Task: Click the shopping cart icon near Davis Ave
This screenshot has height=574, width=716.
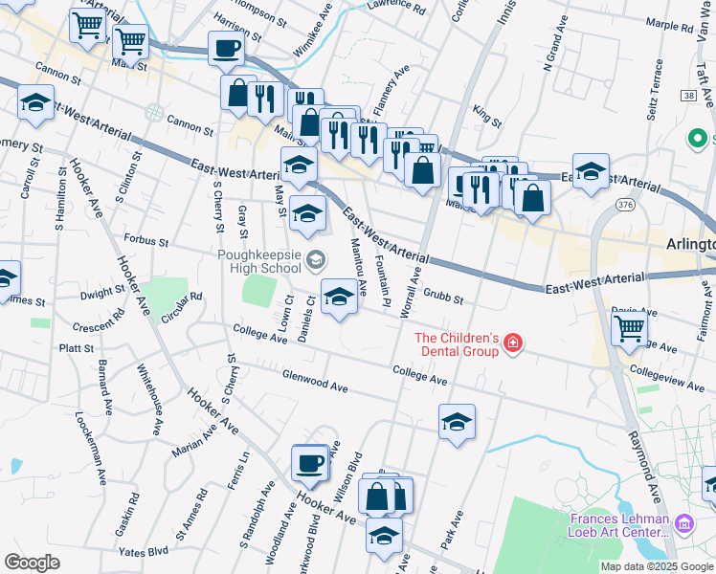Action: pyautogui.click(x=629, y=328)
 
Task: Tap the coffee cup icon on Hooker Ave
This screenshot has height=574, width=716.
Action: pyautogui.click(x=309, y=463)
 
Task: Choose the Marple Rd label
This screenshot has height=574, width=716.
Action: pyautogui.click(x=669, y=26)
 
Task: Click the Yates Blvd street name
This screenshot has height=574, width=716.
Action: pyautogui.click(x=144, y=551)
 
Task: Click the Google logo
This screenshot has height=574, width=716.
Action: pyautogui.click(x=32, y=563)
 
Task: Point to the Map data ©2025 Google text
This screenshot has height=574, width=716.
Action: pyautogui.click(x=658, y=566)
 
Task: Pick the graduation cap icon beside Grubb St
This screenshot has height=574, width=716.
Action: pyautogui.click(x=339, y=298)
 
